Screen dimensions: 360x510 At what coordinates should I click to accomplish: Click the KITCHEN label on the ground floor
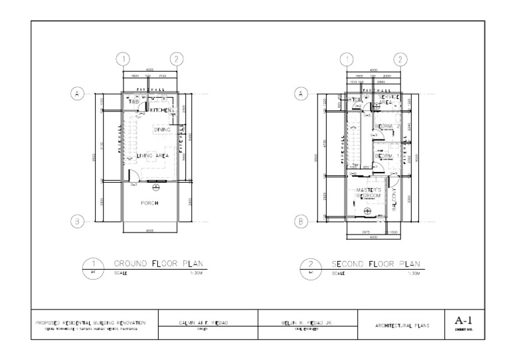tap(161, 109)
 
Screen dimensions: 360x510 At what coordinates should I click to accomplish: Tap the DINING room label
tap(163, 130)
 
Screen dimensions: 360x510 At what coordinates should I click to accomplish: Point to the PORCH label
tap(149, 203)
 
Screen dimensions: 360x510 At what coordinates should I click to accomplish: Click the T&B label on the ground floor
tap(133, 102)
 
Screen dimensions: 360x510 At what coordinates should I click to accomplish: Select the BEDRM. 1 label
tap(384, 156)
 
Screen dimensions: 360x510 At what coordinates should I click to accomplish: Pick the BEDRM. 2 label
tap(386, 126)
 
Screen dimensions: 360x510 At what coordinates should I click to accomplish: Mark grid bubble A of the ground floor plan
tap(78, 94)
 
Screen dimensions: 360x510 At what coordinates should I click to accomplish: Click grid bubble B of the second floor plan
tap(302, 221)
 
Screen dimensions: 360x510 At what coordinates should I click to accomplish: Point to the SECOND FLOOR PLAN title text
tap(376, 264)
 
